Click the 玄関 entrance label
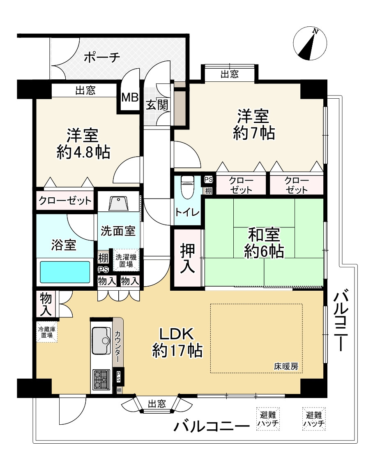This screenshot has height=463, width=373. coord(157,105)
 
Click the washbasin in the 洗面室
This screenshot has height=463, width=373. coord(119,203)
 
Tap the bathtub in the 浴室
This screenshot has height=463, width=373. coord(64,272)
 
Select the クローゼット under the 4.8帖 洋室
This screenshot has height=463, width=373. coord(65,201)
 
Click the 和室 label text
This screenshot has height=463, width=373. coord(264,235)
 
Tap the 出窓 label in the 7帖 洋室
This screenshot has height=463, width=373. coord(229,74)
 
